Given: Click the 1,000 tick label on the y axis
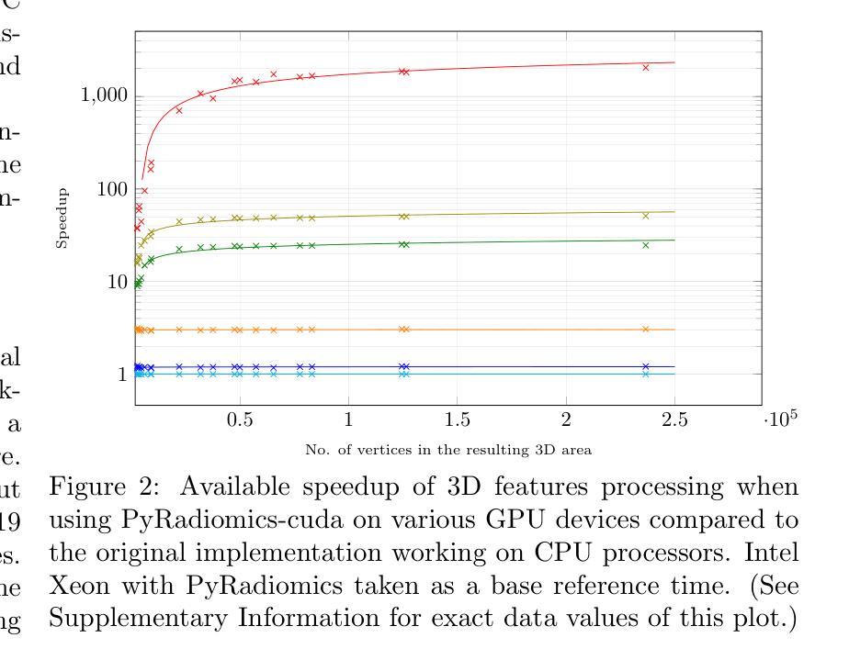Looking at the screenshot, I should tap(100, 96).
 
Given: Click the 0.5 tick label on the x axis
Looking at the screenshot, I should tap(241, 419).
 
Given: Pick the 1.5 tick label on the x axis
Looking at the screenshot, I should tap(458, 419).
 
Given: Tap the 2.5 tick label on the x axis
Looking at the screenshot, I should tap(674, 419).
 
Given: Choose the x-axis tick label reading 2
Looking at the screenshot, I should tap(566, 419).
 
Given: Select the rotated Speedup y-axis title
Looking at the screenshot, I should tap(62, 218).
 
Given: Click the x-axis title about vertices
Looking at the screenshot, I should tap(447, 450).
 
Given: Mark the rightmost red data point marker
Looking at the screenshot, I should tap(646, 67).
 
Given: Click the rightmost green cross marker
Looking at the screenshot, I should tap(646, 245).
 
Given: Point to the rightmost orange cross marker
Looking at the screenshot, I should tap(646, 329).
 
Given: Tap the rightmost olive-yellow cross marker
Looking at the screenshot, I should tap(646, 216).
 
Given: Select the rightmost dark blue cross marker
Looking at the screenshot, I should tap(646, 366).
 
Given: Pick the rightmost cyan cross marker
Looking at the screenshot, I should tap(646, 374).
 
